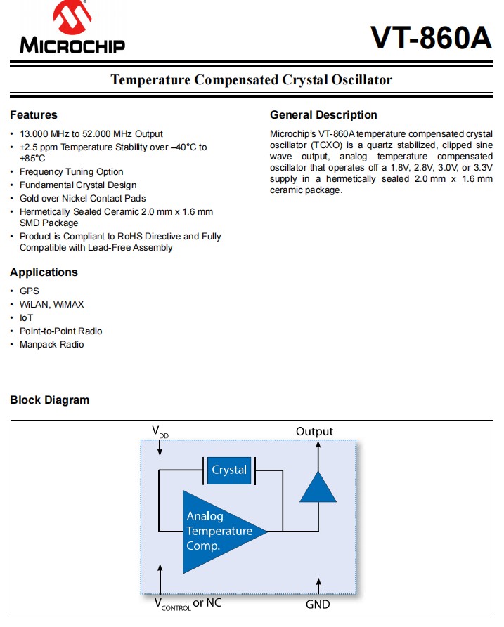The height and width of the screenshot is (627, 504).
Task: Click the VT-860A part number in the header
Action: click(431, 38)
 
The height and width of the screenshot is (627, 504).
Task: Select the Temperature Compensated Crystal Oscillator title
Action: click(252, 79)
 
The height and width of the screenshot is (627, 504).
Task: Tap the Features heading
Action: click(34, 115)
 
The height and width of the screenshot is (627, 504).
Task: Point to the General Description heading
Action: click(323, 115)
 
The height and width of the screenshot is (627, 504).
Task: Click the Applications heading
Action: click(44, 272)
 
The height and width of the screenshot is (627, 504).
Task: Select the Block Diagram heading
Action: click(50, 400)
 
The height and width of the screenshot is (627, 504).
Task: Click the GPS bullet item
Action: click(30, 291)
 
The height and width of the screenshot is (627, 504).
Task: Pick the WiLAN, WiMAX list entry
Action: click(51, 305)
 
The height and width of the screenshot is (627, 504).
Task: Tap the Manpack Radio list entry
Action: click(51, 345)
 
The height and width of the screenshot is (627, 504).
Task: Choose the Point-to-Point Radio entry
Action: click(60, 331)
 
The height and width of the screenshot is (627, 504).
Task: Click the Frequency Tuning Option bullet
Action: click(71, 172)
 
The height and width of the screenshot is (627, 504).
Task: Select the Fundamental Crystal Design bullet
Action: click(78, 185)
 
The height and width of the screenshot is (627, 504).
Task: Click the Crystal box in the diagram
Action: click(229, 470)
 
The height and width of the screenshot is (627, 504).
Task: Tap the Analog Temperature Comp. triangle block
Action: click(218, 532)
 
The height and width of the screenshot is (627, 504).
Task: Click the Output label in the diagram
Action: click(314, 431)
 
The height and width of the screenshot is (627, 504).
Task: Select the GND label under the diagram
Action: click(318, 604)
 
